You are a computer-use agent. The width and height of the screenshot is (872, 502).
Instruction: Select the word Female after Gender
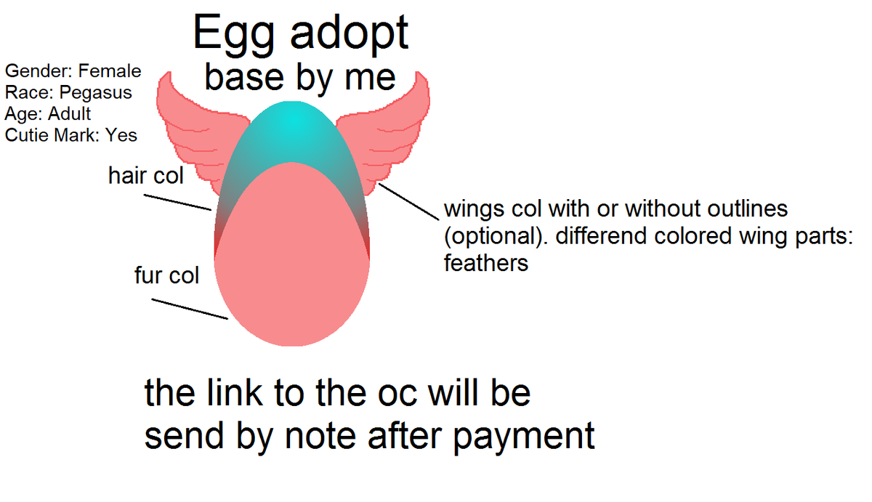point(110,71)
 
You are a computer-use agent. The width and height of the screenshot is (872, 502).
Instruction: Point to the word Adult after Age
point(69,113)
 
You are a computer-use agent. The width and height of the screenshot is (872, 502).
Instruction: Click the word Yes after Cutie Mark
point(121,134)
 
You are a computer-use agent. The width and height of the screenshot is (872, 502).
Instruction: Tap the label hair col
point(146,176)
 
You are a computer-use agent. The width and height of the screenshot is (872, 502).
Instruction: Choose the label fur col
point(166,276)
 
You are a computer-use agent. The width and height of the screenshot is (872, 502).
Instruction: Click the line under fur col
point(190,309)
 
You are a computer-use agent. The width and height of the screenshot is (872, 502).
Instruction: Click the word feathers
point(486,263)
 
